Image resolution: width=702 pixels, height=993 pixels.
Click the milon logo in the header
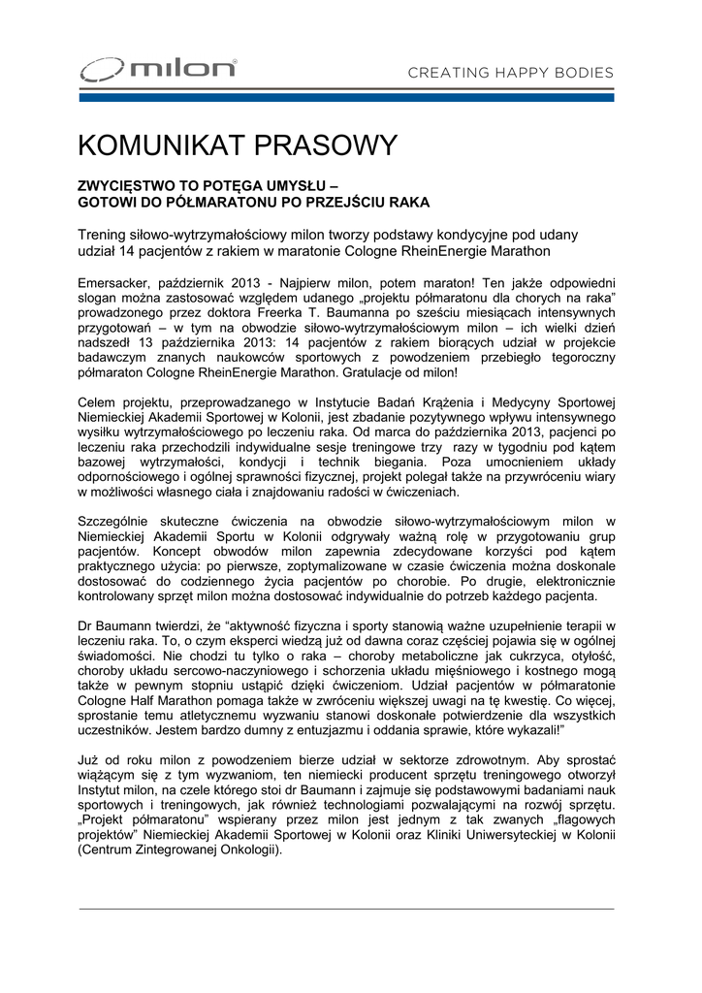coord(158,70)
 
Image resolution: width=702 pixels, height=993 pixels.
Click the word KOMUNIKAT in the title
coord(161,145)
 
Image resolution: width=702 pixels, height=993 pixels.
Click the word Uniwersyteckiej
coord(491,834)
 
